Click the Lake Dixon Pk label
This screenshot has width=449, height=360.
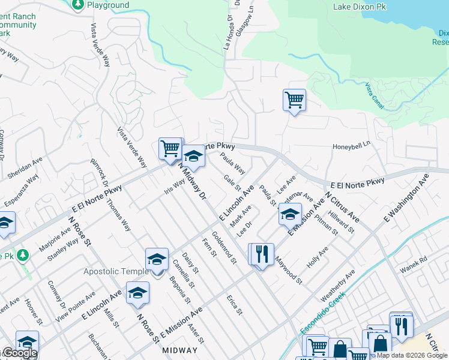click(360, 7)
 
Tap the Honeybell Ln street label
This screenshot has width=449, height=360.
click(352, 146)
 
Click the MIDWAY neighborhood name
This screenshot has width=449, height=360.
click(178, 350)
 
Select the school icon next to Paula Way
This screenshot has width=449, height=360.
click(193, 157)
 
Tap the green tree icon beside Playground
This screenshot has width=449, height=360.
click(77, 5)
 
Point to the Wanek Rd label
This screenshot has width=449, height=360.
click(414, 260)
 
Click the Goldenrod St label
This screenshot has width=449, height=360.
click(224, 247)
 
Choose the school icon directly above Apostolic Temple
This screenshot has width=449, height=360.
click(156, 259)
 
